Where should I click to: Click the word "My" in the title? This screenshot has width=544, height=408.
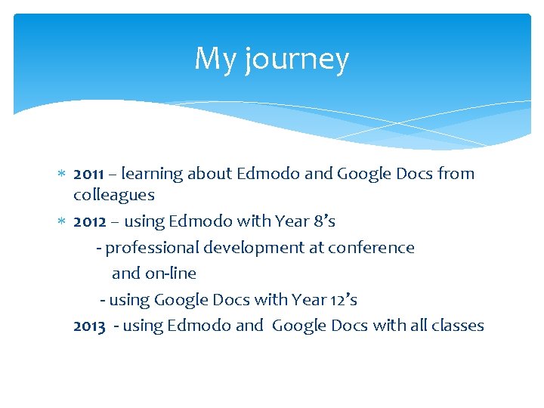[x=216, y=59]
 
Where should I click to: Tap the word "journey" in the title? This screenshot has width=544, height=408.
[x=297, y=60]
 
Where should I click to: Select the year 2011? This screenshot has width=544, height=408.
[x=89, y=174]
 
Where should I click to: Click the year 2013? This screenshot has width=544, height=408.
[x=89, y=326]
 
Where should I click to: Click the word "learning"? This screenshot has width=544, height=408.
[x=151, y=175]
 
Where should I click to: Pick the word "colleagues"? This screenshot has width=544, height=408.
[x=113, y=195]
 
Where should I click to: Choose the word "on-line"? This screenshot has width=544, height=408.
[x=171, y=274]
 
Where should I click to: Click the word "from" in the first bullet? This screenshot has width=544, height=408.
[x=456, y=174]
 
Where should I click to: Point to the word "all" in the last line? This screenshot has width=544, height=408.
[x=413, y=326]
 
